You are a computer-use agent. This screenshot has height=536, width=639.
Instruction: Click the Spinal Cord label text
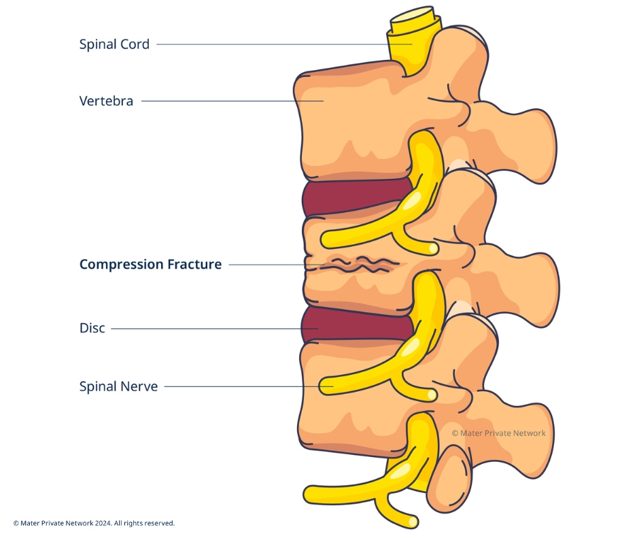pyautogui.click(x=114, y=45)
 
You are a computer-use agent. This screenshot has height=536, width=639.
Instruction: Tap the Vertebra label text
pyautogui.click(x=106, y=101)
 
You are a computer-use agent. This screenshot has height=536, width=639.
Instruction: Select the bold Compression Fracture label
pyautogui.click(x=150, y=265)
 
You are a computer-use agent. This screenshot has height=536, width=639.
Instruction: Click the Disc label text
pyautogui.click(x=92, y=329)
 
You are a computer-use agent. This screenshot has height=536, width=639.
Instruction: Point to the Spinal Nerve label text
pyautogui.click(x=118, y=386)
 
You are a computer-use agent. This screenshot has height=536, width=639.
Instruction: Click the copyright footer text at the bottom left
pyautogui.click(x=94, y=523)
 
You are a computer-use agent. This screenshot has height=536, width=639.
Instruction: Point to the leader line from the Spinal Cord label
pyautogui.click(x=272, y=45)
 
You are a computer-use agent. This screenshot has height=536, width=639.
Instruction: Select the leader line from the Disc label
pyautogui.click(x=204, y=329)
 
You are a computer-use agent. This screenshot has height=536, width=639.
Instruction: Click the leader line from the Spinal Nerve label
pyautogui.click(x=238, y=386)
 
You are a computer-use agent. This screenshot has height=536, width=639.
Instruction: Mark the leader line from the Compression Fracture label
pyautogui.click(x=265, y=265)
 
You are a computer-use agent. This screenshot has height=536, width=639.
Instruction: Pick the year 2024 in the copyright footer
pyautogui.click(x=101, y=523)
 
